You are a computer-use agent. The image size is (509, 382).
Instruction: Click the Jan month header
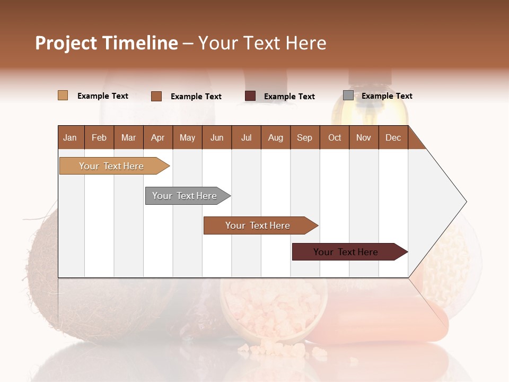[71, 137]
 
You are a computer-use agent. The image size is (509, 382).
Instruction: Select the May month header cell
[187, 137]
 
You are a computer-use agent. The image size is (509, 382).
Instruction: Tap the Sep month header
[304, 137]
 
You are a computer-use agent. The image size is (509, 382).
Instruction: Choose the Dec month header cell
[393, 137]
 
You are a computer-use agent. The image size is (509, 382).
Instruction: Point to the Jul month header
[246, 137]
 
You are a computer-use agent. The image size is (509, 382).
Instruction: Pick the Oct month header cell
[334, 137]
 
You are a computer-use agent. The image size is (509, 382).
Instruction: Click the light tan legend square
[63, 95]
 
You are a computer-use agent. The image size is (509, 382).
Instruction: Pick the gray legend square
[348, 95]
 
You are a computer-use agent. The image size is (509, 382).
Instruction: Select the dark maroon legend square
[250, 96]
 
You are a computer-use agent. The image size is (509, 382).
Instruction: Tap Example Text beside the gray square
[387, 96]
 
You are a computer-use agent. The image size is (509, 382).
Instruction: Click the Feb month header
[99, 137]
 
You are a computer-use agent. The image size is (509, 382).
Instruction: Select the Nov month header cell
[363, 137]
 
